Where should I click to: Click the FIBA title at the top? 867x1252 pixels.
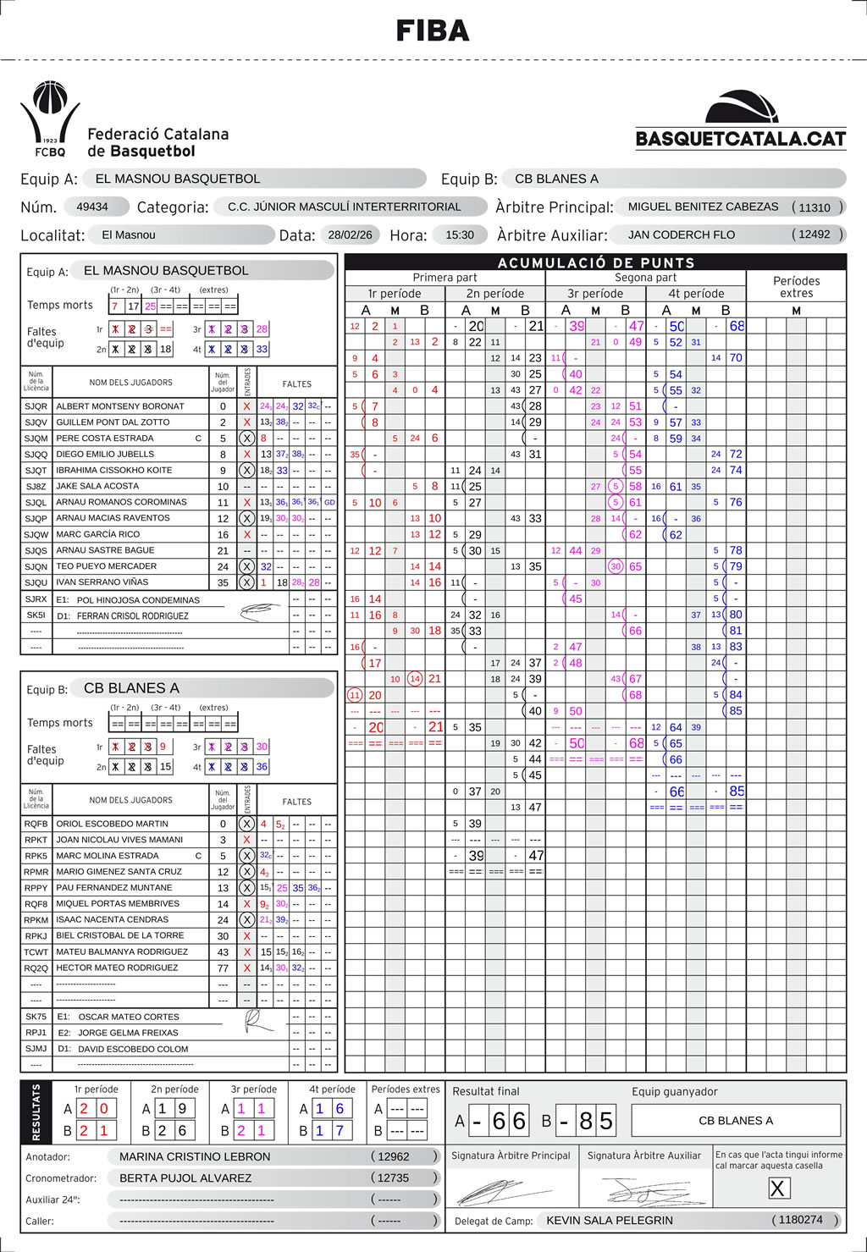[x=433, y=31]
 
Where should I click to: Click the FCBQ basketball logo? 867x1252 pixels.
[x=50, y=119]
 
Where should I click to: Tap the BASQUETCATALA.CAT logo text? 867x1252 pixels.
[x=741, y=139]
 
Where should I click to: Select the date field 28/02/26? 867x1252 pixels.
[x=350, y=234]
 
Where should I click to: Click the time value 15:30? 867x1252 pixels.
[x=460, y=234]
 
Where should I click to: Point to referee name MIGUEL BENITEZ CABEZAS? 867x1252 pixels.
[x=703, y=207]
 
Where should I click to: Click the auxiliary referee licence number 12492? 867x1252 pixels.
[x=815, y=234]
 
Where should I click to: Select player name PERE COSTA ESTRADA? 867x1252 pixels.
[x=105, y=438]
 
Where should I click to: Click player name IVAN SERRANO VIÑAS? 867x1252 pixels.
[x=102, y=582]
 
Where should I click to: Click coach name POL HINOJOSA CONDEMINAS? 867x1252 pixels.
[x=138, y=600]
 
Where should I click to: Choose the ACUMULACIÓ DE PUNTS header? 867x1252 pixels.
[x=596, y=262]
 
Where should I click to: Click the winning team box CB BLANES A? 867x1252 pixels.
[x=736, y=1121]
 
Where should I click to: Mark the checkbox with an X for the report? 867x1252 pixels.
[x=777, y=1189]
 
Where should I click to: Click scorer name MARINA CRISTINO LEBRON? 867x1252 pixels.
[x=195, y=1156]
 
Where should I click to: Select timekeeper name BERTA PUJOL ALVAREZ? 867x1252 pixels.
[x=185, y=1178]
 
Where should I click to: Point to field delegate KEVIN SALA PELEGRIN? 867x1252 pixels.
[x=610, y=1221]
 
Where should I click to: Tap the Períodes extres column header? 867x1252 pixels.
[x=796, y=287]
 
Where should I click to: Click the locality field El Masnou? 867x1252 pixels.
[x=129, y=235]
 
